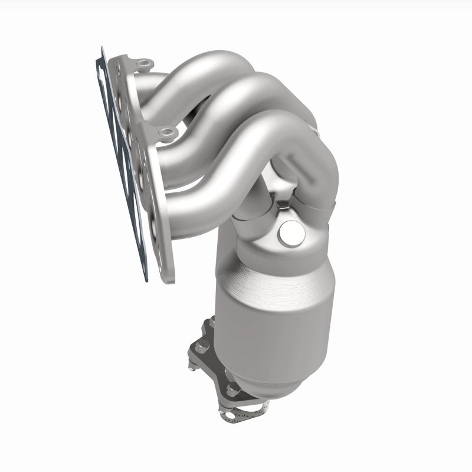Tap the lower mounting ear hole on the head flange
[x=168, y=132]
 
